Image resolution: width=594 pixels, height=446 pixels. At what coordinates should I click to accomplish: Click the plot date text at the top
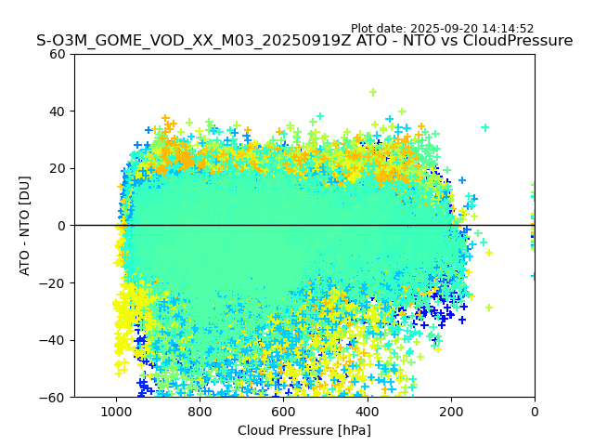[442, 29]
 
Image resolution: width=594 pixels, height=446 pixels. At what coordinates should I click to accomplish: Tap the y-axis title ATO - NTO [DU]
[25, 225]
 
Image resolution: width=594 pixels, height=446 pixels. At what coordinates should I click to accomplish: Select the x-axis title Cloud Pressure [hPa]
[304, 430]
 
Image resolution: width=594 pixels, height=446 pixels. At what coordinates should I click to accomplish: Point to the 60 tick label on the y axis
[58, 54]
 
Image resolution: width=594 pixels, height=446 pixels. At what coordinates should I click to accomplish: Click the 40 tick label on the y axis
[58, 111]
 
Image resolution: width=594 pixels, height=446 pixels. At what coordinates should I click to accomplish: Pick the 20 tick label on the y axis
[58, 168]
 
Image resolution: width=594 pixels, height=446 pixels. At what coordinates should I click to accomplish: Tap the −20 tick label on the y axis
[55, 282]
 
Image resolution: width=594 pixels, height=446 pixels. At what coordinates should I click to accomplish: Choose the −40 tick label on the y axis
[55, 340]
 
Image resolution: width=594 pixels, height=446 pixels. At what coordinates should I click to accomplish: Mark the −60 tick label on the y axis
[55, 397]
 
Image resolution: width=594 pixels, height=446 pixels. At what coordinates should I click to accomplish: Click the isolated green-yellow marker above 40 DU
[373, 92]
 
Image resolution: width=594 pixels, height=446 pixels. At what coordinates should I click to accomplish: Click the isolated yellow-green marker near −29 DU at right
[489, 308]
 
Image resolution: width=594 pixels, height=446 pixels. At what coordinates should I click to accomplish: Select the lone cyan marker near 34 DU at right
[484, 127]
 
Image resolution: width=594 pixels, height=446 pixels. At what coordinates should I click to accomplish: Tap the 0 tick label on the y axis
[61, 226]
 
